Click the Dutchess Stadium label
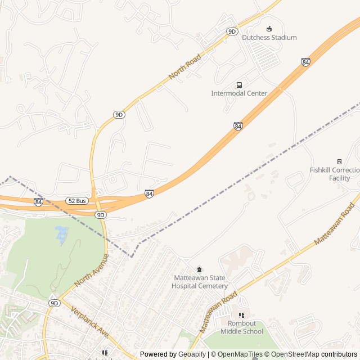coord(269,38)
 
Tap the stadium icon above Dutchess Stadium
coord(269,29)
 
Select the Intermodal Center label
coord(239,93)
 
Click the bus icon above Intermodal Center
coord(239,85)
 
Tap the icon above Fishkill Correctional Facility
coord(339,161)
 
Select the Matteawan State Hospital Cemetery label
coord(199,282)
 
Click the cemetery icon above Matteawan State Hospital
coord(199,269)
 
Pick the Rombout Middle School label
coord(241,327)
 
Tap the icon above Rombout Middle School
coord(241,316)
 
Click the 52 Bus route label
coord(76,201)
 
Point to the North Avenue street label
coord(91,270)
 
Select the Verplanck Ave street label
coord(89,322)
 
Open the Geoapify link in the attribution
coord(192,354)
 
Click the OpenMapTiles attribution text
coord(239,354)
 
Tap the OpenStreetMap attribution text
coord(295,354)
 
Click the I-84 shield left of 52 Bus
coord(38,202)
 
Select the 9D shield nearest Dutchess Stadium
coord(232,31)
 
